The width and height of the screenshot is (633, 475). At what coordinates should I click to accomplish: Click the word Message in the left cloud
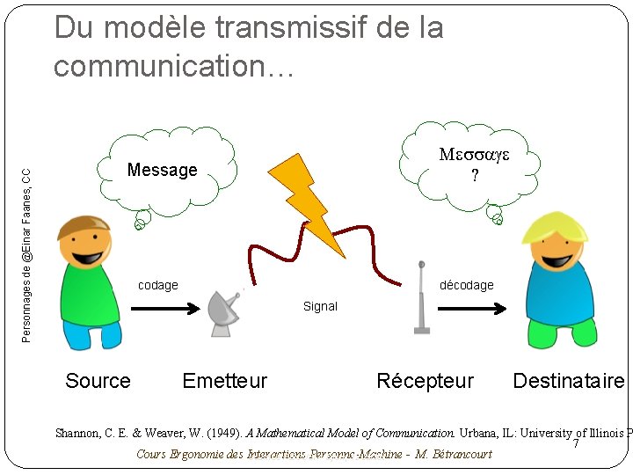[163, 170]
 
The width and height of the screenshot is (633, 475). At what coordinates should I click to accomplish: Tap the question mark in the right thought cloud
[474, 175]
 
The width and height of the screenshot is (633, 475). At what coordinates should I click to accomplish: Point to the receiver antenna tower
[422, 299]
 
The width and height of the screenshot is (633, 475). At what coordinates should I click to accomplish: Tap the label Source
[98, 381]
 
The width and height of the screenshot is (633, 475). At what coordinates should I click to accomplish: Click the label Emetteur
[224, 381]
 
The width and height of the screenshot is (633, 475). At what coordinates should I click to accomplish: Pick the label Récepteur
[425, 381]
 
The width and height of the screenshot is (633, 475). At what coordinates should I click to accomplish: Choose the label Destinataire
[568, 381]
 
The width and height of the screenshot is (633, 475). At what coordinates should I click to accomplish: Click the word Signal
[320, 306]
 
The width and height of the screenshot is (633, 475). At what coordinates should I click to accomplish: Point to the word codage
[158, 285]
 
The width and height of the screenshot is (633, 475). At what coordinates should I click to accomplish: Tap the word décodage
[467, 285]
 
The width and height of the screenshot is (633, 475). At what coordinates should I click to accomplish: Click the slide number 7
[576, 444]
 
